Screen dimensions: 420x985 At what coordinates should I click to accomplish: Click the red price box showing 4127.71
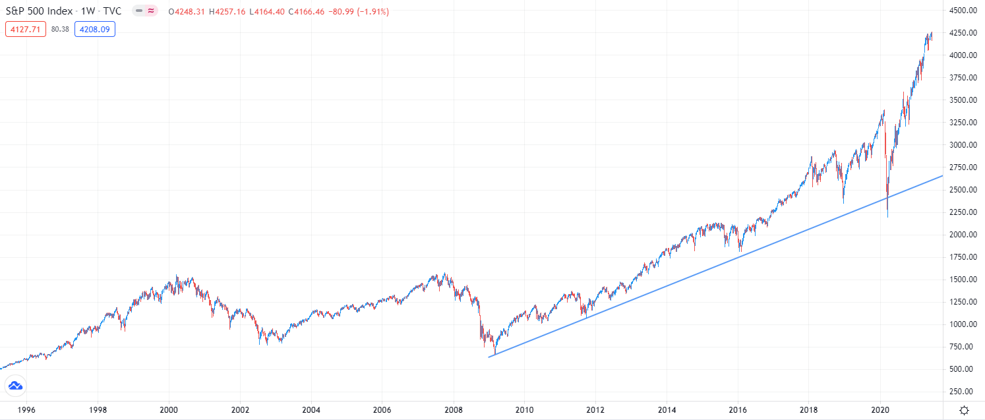click(26, 29)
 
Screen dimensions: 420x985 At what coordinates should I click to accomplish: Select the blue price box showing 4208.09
click(95, 29)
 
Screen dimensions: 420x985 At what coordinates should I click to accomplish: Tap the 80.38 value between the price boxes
click(61, 29)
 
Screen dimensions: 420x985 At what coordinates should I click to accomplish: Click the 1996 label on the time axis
click(26, 409)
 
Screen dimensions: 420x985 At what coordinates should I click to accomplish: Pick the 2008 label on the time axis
click(454, 409)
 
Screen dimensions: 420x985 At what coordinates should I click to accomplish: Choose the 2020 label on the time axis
click(881, 409)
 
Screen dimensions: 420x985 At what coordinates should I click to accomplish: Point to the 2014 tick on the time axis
click(667, 409)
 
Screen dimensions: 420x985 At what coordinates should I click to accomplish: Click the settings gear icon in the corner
click(964, 409)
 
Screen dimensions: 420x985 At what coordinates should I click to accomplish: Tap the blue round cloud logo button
click(15, 386)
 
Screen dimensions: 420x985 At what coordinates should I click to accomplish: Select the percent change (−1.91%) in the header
click(373, 11)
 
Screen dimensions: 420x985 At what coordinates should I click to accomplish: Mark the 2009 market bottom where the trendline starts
click(494, 353)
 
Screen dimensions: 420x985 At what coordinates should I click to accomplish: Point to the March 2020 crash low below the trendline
click(887, 216)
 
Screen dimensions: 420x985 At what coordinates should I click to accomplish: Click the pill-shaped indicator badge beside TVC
click(144, 11)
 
